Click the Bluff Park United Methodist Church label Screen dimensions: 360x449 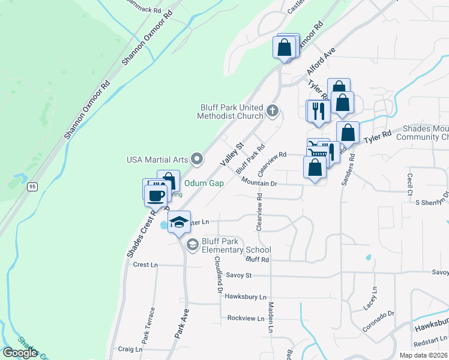pos(232,112)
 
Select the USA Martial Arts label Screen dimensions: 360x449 pos(157,160)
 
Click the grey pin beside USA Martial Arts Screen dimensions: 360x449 pos(197,159)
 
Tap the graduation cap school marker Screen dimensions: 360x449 pos(179,222)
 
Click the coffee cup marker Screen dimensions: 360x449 pos(155,195)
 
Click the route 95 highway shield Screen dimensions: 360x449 pos(32,187)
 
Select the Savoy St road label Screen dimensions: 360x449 pos(238,275)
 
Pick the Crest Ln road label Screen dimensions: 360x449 pos(145,265)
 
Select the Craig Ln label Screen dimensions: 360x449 pos(130,349)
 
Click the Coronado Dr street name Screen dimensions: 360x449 pos(378,322)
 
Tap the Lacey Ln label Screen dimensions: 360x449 pos(373,298)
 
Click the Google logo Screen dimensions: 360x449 pos(20,353)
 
